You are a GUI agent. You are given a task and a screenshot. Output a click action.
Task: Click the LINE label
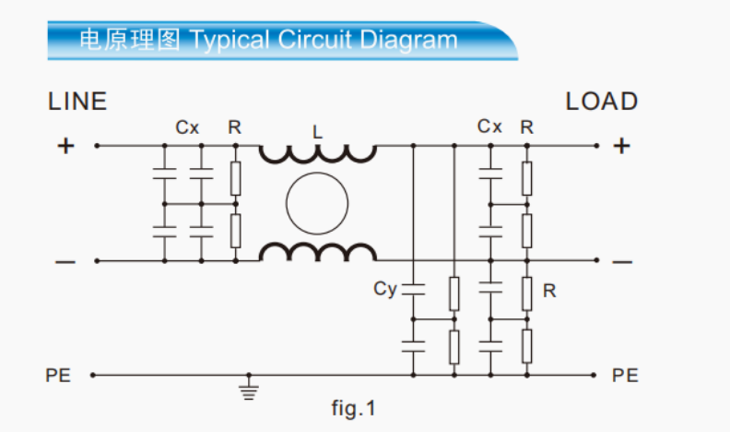[77, 102]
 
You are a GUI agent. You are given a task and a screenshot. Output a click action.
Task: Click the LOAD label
[602, 102]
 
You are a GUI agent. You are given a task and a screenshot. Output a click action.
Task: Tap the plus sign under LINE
[65, 145]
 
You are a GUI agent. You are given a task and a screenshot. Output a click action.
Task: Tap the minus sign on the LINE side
[65, 262]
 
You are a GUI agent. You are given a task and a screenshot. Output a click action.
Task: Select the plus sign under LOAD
[622, 145]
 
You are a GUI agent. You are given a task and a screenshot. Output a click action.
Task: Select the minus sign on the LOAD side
[622, 262]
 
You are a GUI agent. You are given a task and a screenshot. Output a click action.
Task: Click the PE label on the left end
[57, 376]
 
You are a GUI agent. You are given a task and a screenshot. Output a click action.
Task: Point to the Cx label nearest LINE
[187, 127]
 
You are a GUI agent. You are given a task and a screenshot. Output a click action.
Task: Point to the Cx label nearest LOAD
[489, 126]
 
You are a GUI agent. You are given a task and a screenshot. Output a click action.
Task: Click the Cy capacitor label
[385, 289]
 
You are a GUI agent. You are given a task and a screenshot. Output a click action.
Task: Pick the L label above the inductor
[318, 132]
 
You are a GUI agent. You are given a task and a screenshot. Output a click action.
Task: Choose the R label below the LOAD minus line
[549, 292]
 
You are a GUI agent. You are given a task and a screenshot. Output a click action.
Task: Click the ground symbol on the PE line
[247, 389]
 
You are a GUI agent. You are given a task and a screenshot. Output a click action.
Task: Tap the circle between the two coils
[317, 203]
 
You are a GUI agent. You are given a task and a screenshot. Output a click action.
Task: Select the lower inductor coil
[317, 252]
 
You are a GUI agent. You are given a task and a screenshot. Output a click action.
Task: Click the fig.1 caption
[354, 407]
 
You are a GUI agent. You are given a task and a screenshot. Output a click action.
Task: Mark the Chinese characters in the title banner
[130, 40]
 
